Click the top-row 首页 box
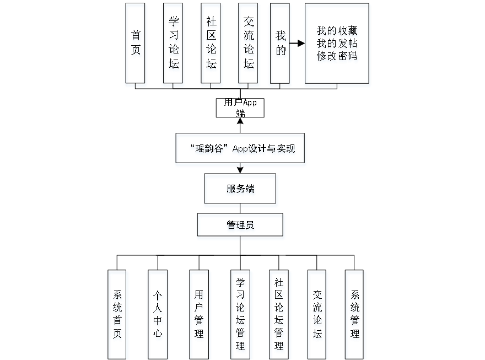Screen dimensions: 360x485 pyautogui.click(x=136, y=45)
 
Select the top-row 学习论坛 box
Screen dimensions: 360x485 pyautogui.click(x=174, y=45)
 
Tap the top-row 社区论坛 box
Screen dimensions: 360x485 pyautogui.click(x=212, y=45)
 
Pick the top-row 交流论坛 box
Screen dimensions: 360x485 pyautogui.click(x=249, y=45)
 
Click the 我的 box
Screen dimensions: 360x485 pyautogui.click(x=281, y=45)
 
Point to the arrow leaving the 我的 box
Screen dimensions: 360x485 pyautogui.click(x=298, y=42)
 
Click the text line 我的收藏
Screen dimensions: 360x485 pyautogui.click(x=337, y=32)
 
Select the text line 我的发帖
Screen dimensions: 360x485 pyautogui.click(x=337, y=44)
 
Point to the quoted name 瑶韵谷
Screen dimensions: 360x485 pyautogui.click(x=209, y=149)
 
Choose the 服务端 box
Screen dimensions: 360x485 pyautogui.click(x=241, y=190)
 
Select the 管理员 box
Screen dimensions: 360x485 pyautogui.click(x=241, y=226)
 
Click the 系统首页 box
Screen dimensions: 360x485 pyautogui.click(x=118, y=315)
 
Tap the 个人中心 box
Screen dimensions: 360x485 pyautogui.click(x=158, y=315)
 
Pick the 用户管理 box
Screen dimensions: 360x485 pyautogui.click(x=199, y=315)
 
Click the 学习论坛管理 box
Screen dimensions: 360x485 pyautogui.click(x=241, y=315)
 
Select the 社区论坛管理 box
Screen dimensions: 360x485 pyautogui.click(x=280, y=315)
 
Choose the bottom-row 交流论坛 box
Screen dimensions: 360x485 pyautogui.click(x=317, y=315)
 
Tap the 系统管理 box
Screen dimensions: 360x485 pyautogui.click(x=355, y=315)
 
